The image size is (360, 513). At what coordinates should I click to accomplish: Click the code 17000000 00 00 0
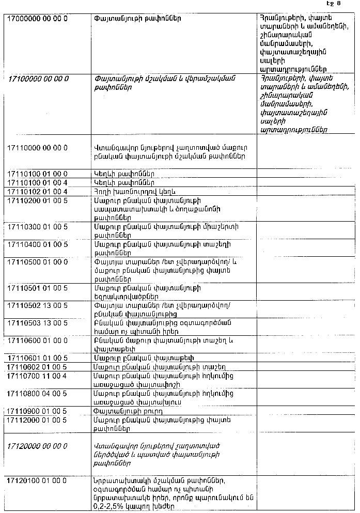(x=37, y=19)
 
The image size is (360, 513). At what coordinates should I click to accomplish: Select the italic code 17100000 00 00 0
(x=39, y=78)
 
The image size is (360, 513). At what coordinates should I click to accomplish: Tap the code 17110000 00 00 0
(x=38, y=147)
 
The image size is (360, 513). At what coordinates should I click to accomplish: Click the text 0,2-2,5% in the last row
(x=111, y=507)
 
